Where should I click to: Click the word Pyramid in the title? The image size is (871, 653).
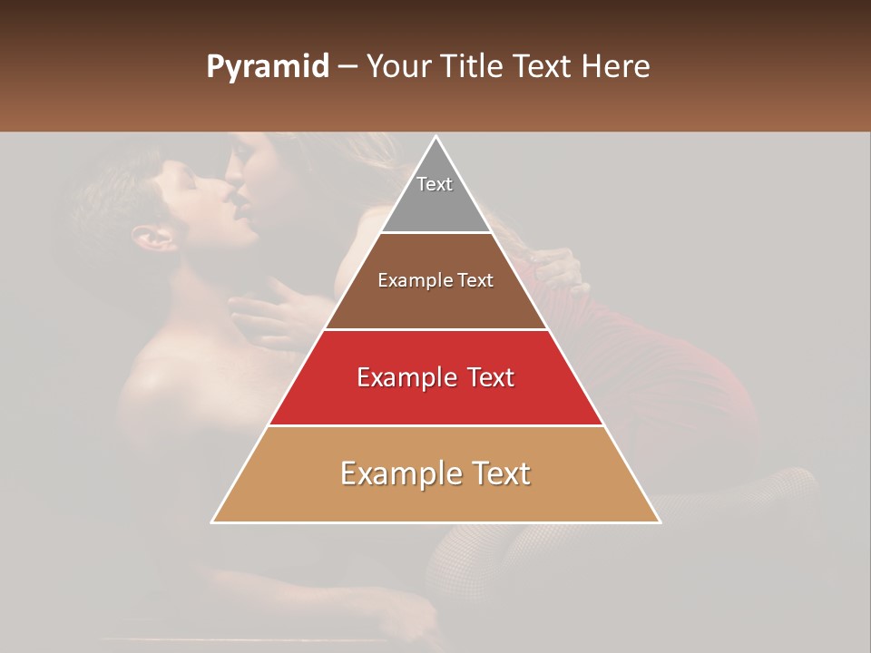pos(267,67)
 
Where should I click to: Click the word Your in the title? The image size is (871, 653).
pos(398,67)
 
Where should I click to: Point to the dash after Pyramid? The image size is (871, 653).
pos(347,67)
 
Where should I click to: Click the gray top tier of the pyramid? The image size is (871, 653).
pos(435,204)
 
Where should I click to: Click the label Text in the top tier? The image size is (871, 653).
pos(435,184)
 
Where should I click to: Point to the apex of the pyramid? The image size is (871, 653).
pos(435,138)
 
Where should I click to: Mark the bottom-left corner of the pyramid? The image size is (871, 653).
pos(214,521)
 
